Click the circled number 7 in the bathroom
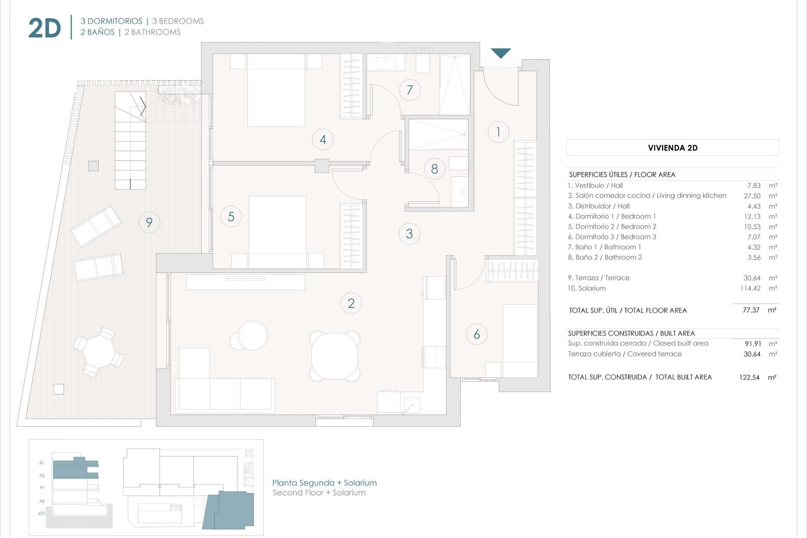[x=410, y=90]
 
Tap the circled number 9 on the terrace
[x=149, y=222]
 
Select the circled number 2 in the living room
[x=351, y=303]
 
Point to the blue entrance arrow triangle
[x=501, y=53]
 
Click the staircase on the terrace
[x=130, y=141]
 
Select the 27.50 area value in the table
[x=752, y=196]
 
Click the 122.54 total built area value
[x=749, y=377]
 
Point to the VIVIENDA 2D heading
[x=672, y=148]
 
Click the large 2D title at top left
[x=45, y=28]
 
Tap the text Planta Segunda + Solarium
[x=324, y=483]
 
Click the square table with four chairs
[x=335, y=356]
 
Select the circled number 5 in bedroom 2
[x=231, y=216]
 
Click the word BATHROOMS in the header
[x=156, y=32]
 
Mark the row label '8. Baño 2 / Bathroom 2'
[x=605, y=258]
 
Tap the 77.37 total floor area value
[x=751, y=310]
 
